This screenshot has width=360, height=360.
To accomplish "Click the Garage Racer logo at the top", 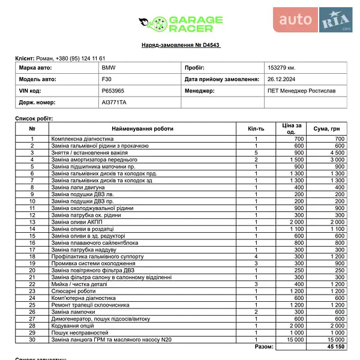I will click(x=181, y=24).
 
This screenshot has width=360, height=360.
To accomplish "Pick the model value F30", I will click(x=106, y=79).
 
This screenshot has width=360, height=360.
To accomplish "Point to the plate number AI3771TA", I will click(x=114, y=103).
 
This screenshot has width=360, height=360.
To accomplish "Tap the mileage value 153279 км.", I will click(x=281, y=68).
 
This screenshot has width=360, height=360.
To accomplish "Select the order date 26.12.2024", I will click(x=280, y=79).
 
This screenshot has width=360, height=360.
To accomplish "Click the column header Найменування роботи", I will click(x=142, y=128).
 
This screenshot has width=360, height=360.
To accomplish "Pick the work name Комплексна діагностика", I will click(x=82, y=139).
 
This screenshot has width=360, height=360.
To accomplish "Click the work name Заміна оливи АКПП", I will click(x=78, y=221).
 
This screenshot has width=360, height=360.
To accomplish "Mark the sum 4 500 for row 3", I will click(x=339, y=152).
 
